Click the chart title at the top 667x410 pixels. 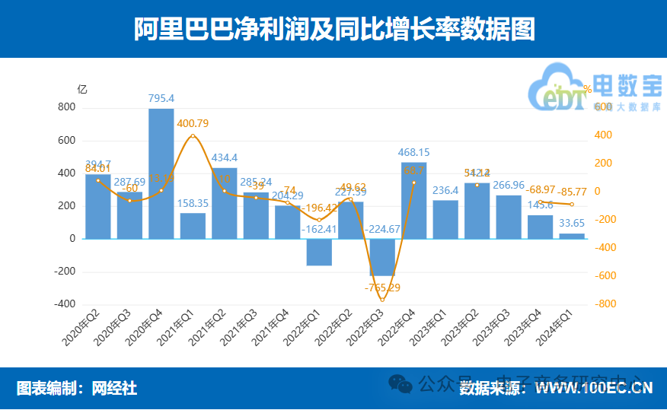[333, 30]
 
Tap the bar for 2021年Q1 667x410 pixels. [193, 225]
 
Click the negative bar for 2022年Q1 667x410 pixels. [319, 252]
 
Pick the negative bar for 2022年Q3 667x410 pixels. [382, 257]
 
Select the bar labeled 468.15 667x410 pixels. [414, 200]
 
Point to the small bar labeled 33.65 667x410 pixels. [572, 236]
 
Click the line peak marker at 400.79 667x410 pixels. [193, 136]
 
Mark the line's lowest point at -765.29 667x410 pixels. [382, 300]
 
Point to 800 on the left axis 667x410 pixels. [67, 108]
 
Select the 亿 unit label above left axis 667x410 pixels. [82, 88]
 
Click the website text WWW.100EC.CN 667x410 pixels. [594, 389]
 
